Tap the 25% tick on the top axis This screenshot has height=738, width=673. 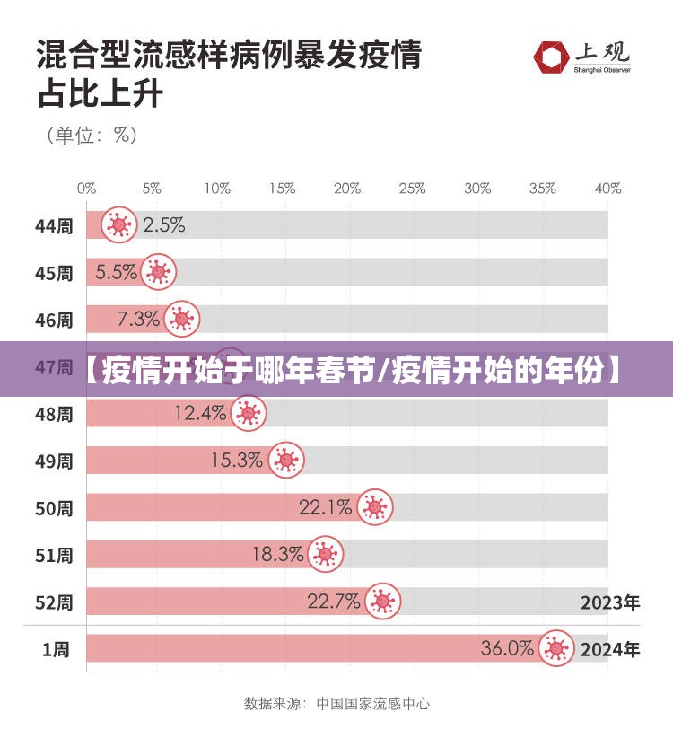tap(412, 189)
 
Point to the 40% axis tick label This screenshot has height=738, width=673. tap(607, 189)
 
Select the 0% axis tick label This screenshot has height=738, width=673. tap(86, 189)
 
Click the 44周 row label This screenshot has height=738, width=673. tap(54, 225)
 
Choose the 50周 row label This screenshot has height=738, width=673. tap(54, 508)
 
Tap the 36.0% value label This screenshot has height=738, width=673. tap(507, 647)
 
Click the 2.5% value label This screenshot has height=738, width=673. tap(163, 224)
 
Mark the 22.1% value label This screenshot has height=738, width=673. tap(325, 507)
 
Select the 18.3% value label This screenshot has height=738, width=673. tap(277, 554)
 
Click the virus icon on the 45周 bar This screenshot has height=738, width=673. tap(159, 272)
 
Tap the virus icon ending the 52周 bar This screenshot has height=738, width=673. tap(382, 602)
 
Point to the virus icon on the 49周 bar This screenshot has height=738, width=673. tap(286, 461)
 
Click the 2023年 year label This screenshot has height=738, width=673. tap(610, 602)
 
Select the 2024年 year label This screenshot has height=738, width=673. tap(610, 649)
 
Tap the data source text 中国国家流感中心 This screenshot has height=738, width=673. tap(372, 703)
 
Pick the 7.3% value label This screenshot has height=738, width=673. tap(139, 319)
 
